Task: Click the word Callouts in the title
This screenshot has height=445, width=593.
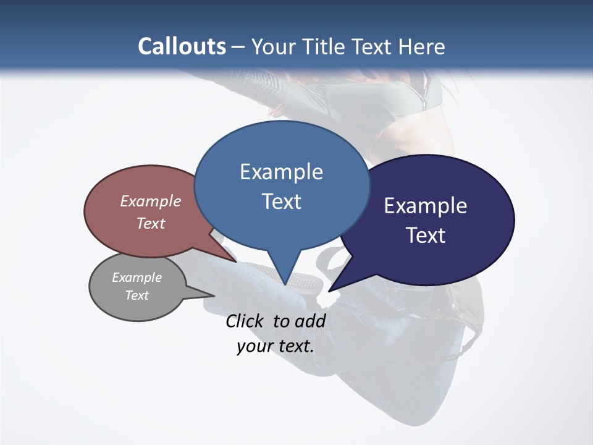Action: pyautogui.click(x=182, y=46)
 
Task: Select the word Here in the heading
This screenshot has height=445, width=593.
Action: pyautogui.click(x=421, y=46)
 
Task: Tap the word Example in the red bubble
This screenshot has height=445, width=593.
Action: pyautogui.click(x=151, y=201)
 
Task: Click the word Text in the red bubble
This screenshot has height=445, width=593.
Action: pyautogui.click(x=151, y=223)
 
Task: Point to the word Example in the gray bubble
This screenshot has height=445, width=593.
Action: pyautogui.click(x=137, y=278)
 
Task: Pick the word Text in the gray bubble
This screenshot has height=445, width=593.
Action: pyautogui.click(x=137, y=295)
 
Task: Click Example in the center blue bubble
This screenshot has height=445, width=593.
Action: pyautogui.click(x=281, y=172)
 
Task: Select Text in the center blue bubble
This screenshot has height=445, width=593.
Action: pyautogui.click(x=281, y=201)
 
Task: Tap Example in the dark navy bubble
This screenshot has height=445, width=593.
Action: pyautogui.click(x=426, y=206)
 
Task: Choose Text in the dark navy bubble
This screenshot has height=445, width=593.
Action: pyautogui.click(x=426, y=235)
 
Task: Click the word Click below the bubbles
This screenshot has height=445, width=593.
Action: pyautogui.click(x=246, y=321)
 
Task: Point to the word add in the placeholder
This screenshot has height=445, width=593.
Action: pyautogui.click(x=310, y=321)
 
